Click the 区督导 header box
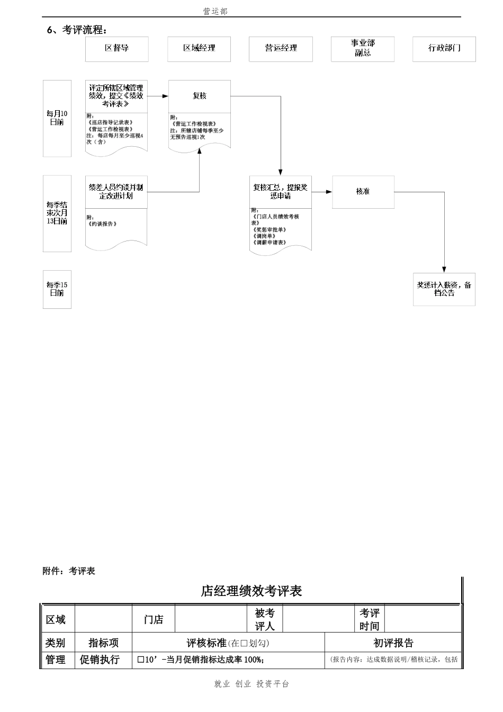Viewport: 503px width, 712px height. pyautogui.click(x=116, y=49)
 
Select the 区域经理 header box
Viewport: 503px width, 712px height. pyautogui.click(x=199, y=49)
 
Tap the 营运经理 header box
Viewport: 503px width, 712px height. pyautogui.click(x=281, y=49)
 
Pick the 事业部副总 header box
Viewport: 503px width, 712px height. pyautogui.click(x=363, y=49)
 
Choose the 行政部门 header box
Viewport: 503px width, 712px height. pyautogui.click(x=444, y=49)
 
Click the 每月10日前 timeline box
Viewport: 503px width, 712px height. pyautogui.click(x=57, y=118)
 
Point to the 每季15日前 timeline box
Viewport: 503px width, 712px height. pyautogui.click(x=57, y=289)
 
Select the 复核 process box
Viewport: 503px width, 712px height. pyautogui.click(x=200, y=96)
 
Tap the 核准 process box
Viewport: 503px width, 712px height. pyautogui.click(x=363, y=192)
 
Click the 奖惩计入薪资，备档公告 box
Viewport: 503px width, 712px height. pyautogui.click(x=444, y=289)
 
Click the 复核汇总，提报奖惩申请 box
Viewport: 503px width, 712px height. pyautogui.click(x=281, y=192)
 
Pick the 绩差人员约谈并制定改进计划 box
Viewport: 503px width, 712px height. pyautogui.click(x=116, y=192)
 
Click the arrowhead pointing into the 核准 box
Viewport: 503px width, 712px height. pyautogui.click(x=329, y=192)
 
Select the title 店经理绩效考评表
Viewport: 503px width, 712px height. pyautogui.click(x=251, y=591)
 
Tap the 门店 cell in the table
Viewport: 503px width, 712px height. pyautogui.click(x=154, y=620)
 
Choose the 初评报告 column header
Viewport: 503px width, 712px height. pyautogui.click(x=393, y=643)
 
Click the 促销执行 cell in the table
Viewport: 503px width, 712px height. pyautogui.click(x=100, y=660)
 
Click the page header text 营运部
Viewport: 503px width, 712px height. pyautogui.click(x=215, y=11)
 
